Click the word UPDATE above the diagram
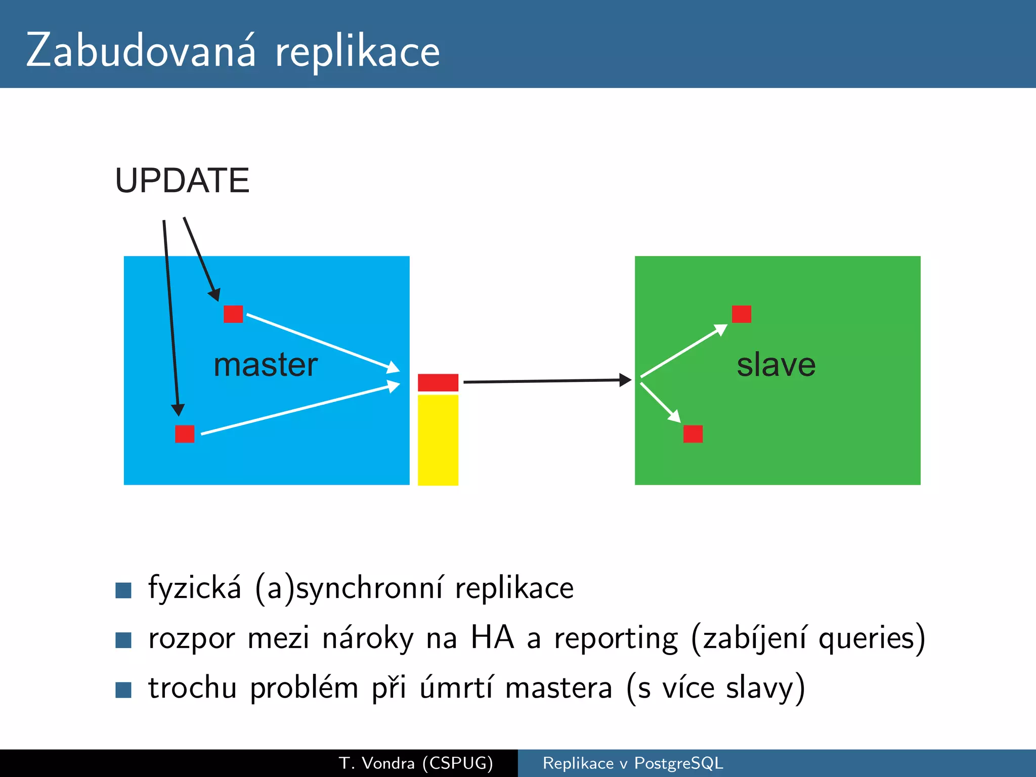click(182, 181)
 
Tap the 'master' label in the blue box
click(266, 365)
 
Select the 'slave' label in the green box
click(776, 365)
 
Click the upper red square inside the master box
click(233, 314)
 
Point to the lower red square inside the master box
click(185, 434)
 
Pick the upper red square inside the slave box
click(741, 314)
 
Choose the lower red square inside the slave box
click(693, 434)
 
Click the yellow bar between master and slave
click(438, 440)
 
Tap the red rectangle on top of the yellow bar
click(438, 382)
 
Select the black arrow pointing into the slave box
click(546, 381)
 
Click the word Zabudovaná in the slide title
click(141, 51)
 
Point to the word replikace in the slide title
click(357, 53)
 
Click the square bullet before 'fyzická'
click(123, 590)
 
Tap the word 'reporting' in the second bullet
click(616, 638)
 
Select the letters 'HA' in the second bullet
click(492, 637)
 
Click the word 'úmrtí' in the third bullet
click(456, 687)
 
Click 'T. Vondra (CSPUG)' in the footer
click(416, 763)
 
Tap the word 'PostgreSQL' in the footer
click(678, 763)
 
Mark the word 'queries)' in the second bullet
click(871, 638)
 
